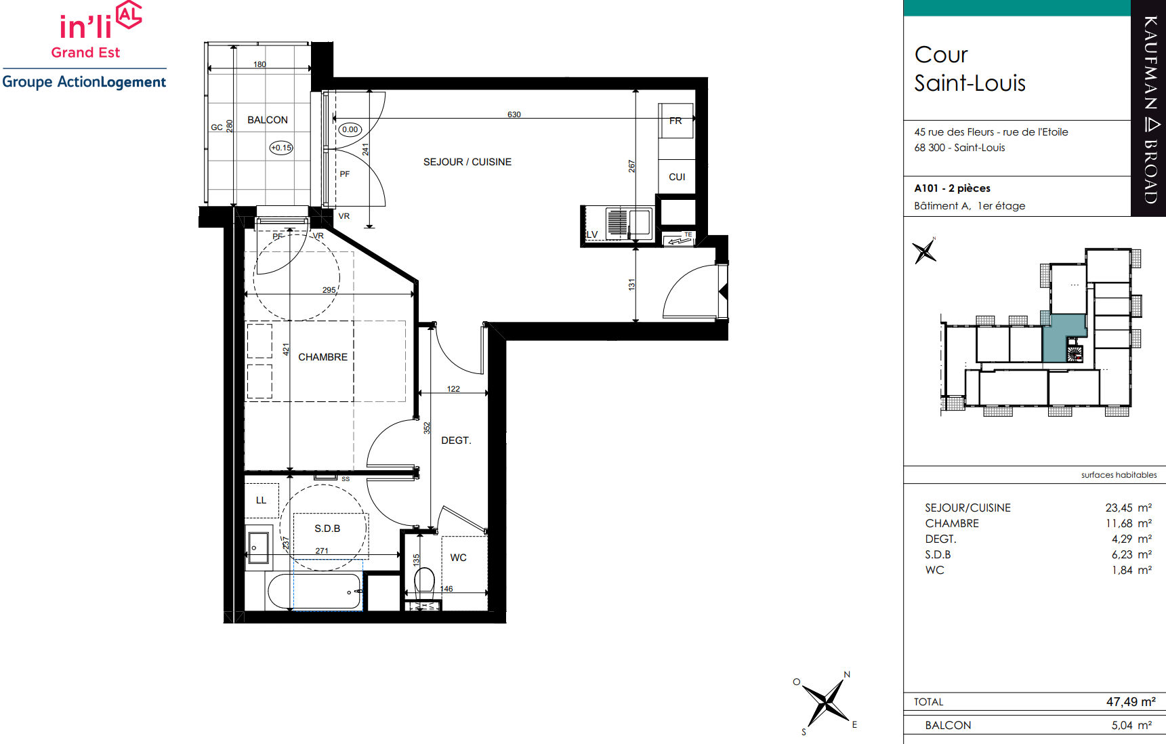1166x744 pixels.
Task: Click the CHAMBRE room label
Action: pyautogui.click(x=322, y=357)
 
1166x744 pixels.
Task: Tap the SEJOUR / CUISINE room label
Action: pyautogui.click(x=467, y=162)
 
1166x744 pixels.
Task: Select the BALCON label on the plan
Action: pyautogui.click(x=268, y=120)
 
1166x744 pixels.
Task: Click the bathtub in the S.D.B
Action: pyautogui.click(x=315, y=592)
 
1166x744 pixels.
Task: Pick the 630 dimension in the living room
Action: pyautogui.click(x=514, y=115)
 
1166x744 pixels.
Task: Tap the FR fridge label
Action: pyautogui.click(x=675, y=121)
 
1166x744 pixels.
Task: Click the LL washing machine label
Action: pyautogui.click(x=261, y=500)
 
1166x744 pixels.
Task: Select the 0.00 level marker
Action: pyautogui.click(x=350, y=129)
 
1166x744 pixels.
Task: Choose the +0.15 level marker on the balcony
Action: pyautogui.click(x=281, y=147)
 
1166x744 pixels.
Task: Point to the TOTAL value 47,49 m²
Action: pyautogui.click(x=1131, y=702)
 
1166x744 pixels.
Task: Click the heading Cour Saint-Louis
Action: pyautogui.click(x=970, y=68)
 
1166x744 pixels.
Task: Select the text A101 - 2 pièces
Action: pyautogui.click(x=952, y=188)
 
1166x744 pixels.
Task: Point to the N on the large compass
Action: pyautogui.click(x=847, y=674)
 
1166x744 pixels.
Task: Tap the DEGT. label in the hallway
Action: pyautogui.click(x=456, y=440)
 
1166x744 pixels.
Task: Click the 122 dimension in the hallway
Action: pyautogui.click(x=453, y=389)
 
